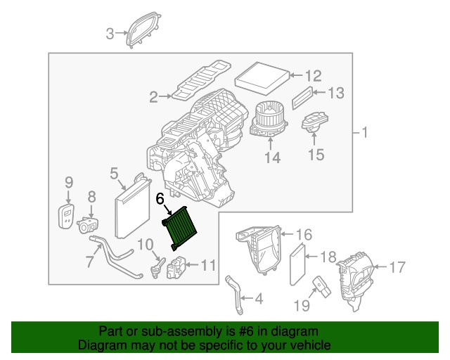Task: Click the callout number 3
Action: coord(110,33)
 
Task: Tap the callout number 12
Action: coord(313,75)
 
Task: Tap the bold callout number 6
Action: coord(160,200)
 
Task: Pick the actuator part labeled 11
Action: coord(176,268)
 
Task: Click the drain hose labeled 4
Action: coord(233,295)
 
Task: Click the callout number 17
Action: coord(397,266)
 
